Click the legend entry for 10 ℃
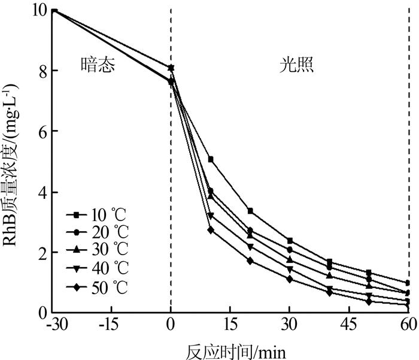point(99,214)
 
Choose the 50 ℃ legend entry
point(99,283)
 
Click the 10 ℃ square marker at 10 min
point(211,159)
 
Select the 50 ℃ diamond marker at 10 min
point(211,229)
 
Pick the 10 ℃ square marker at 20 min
point(250,211)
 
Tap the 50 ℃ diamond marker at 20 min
point(250,261)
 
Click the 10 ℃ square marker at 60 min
point(408,283)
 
